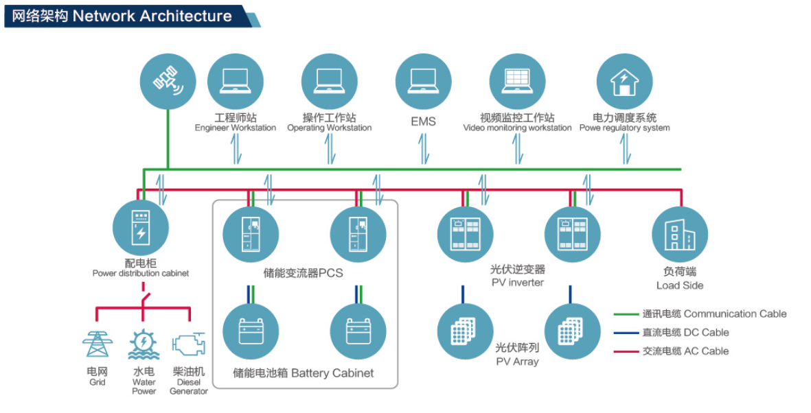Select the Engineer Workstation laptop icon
pyautogui.click(x=235, y=81)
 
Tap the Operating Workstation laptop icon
pyautogui.click(x=329, y=81)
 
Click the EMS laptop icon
pyautogui.click(x=423, y=81)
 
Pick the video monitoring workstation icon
pyautogui.click(x=517, y=81)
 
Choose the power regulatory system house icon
pyautogui.click(x=624, y=81)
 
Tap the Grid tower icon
pyautogui.click(x=97, y=344)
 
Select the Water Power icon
pyautogui.click(x=144, y=344)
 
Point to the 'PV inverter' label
pyautogui.click(x=517, y=283)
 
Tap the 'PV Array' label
pyautogui.click(x=517, y=362)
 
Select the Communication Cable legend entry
pyautogui.click(x=714, y=314)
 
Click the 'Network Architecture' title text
pyautogui.click(x=152, y=16)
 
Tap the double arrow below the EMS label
pyautogui.click(x=423, y=149)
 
